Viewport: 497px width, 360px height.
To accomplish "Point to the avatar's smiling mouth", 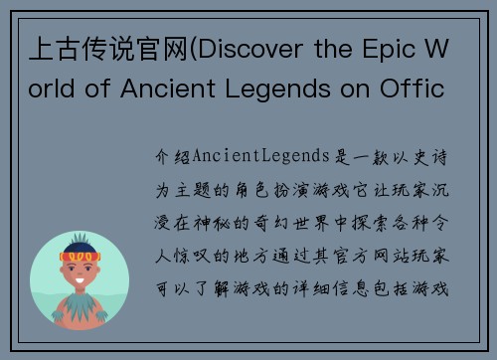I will click(81, 282).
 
